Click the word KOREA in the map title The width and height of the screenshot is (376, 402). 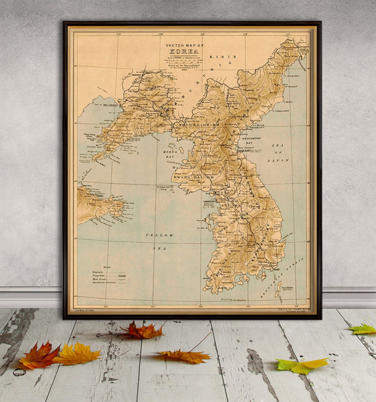pyautogui.click(x=184, y=51)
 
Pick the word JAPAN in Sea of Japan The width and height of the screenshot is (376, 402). pyautogui.click(x=278, y=160)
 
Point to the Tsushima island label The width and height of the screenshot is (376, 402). pyautogui.click(x=288, y=288)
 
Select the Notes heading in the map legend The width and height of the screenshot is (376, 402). pyautogui.click(x=107, y=267)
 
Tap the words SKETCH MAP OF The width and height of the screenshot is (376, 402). pyautogui.click(x=184, y=45)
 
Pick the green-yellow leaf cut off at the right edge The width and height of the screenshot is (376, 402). pyautogui.click(x=363, y=329)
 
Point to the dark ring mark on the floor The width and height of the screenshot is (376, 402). pyautogui.click(x=19, y=372)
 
